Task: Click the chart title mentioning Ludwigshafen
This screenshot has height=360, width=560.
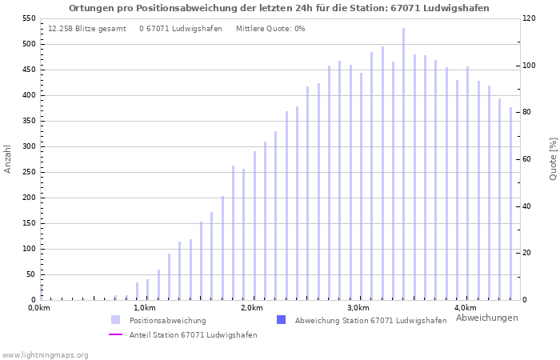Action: (x=279, y=8)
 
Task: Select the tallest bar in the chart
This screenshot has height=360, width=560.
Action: (x=403, y=164)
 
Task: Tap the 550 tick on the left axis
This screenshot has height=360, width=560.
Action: (x=28, y=18)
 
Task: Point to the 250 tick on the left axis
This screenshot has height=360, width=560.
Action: (x=28, y=172)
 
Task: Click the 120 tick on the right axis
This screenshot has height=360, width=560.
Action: (x=530, y=18)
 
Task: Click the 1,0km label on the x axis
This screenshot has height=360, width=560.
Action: (x=144, y=308)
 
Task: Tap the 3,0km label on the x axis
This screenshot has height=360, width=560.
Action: (x=358, y=308)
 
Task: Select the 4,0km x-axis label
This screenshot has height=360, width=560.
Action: (x=465, y=308)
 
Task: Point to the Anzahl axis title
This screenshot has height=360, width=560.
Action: (x=8, y=158)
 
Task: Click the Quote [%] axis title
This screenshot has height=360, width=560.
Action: (x=553, y=158)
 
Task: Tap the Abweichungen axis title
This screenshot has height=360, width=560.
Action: (x=486, y=318)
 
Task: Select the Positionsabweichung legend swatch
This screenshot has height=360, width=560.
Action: (x=116, y=320)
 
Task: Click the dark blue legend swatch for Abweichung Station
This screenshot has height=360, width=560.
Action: (x=281, y=320)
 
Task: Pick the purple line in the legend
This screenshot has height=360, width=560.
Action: (x=116, y=335)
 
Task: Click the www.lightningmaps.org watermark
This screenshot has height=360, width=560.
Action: (x=46, y=354)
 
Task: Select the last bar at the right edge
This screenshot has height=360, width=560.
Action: (x=510, y=204)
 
